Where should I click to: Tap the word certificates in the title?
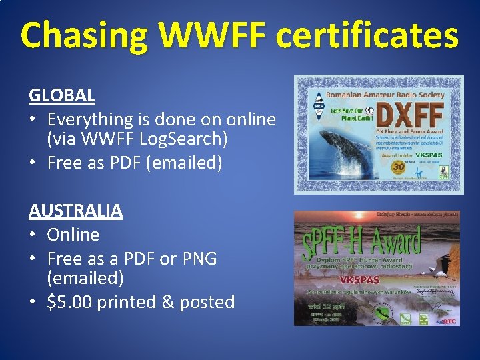coord(367,36)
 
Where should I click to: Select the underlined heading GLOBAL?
coord(61,95)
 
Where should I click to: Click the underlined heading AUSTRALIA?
coord(75,211)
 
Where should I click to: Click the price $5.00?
coord(69,302)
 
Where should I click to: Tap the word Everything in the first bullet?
coord(90,119)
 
